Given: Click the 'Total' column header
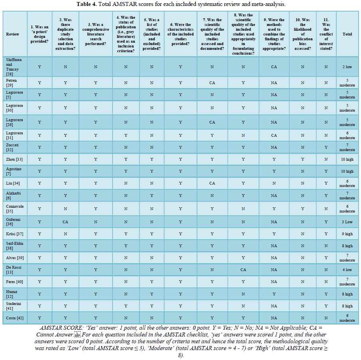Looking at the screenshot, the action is [347, 34].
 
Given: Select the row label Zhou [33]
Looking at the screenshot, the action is [14, 159].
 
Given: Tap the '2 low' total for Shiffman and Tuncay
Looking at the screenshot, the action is [347, 67].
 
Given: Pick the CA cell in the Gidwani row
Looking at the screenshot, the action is [65, 222].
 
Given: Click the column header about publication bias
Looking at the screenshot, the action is [302, 34].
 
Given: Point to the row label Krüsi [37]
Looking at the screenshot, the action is [14, 234].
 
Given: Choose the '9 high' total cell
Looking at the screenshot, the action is [347, 234].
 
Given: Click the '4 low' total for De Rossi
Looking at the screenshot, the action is [347, 270].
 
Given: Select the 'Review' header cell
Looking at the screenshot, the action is [12, 34].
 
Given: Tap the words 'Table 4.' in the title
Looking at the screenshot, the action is [87, 4].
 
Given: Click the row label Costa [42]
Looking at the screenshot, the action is [14, 318].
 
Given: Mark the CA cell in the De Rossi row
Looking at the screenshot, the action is [243, 270].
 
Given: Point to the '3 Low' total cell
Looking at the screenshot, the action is [347, 222].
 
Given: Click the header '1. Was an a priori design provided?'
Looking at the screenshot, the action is [39, 34].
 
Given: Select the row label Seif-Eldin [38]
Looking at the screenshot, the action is [14, 246].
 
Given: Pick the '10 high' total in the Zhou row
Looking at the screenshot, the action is [347, 159].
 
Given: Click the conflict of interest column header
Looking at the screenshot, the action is [326, 34].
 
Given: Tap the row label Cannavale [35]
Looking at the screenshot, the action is [15, 209].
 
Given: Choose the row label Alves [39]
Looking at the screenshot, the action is [15, 258].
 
